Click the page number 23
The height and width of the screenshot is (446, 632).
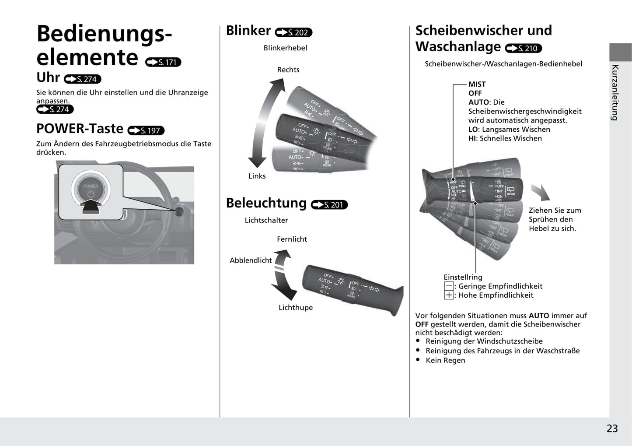pyautogui.click(x=612, y=428)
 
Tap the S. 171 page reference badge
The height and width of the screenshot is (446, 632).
pyautogui.click(x=163, y=62)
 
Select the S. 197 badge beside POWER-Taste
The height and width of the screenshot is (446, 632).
pyautogui.click(x=146, y=130)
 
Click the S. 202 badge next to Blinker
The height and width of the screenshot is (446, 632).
pyautogui.click(x=293, y=32)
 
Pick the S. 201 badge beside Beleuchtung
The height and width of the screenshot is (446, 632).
pyautogui.click(x=329, y=204)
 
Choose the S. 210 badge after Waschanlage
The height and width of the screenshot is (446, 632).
pyautogui.click(x=524, y=48)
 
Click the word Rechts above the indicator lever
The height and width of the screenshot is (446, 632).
pyautogui.click(x=288, y=70)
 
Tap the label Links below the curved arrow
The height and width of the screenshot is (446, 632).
pyautogui.click(x=257, y=176)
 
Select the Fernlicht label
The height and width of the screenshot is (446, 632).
pyautogui.click(x=292, y=239)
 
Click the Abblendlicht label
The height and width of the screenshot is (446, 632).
pyautogui.click(x=251, y=260)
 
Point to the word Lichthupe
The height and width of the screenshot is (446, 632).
pyautogui.click(x=296, y=308)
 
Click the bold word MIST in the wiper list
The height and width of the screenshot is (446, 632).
pyautogui.click(x=477, y=84)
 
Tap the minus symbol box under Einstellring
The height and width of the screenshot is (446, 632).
pyautogui.click(x=449, y=286)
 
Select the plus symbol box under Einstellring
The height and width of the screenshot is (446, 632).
pyautogui.click(x=449, y=295)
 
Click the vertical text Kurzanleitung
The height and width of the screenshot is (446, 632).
pyautogui.click(x=615, y=92)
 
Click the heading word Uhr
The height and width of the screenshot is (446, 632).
pyautogui.click(x=48, y=77)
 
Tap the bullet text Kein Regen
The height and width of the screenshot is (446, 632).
pyautogui.click(x=445, y=360)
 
